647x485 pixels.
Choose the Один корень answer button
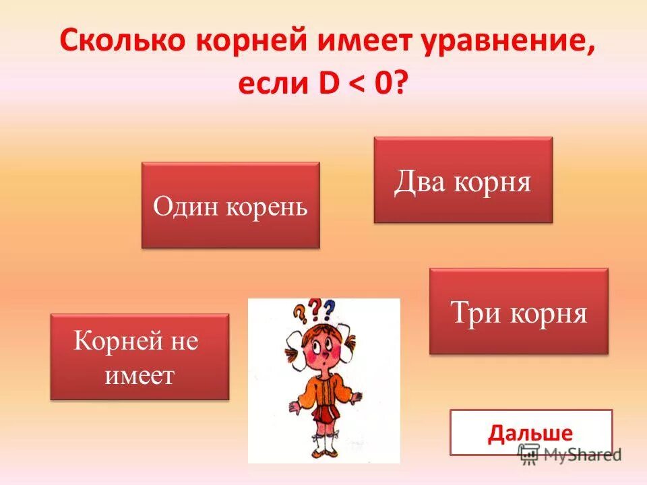230,205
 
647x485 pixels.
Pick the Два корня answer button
463,180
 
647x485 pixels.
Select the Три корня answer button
518,311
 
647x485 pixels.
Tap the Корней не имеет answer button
140,357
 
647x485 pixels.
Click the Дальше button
530,432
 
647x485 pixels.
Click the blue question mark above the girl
329,310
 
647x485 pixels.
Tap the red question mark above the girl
314,311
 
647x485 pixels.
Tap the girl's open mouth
323,364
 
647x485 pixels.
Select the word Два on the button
421,181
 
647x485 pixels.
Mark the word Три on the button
474,313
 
